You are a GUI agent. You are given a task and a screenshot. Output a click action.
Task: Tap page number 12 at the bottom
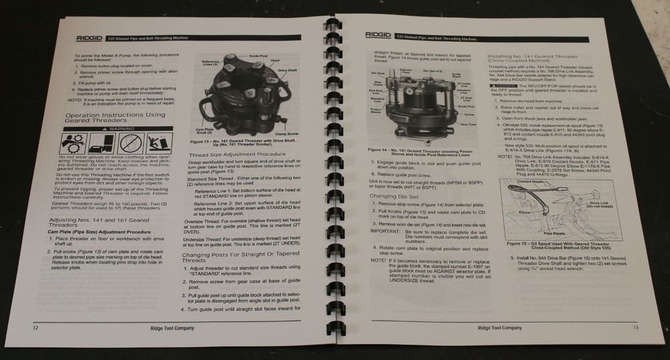click(x=25, y=328)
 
